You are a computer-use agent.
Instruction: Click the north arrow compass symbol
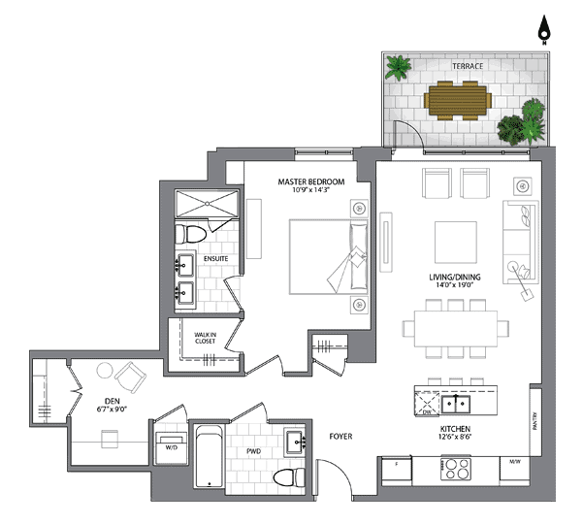544,30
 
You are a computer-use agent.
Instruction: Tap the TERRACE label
468,66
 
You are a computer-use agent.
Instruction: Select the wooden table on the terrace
458,101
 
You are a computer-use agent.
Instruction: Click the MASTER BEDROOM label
311,181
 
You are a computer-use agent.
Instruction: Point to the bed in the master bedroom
328,257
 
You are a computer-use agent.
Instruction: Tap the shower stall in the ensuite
207,204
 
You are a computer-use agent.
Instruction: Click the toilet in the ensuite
190,234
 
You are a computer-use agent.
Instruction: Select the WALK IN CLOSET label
206,338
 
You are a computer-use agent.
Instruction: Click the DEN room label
112,401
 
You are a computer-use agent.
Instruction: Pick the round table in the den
105,371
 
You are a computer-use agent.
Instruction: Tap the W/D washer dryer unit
171,448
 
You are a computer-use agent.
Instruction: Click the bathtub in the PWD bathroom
209,456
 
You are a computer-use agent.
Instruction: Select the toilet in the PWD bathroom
289,477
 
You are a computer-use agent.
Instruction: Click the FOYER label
340,437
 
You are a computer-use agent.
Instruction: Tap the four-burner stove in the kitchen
456,469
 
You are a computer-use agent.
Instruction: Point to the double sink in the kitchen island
456,404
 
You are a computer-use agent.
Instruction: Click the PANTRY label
534,421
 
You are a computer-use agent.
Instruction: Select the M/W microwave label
515,462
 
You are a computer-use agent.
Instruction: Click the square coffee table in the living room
456,243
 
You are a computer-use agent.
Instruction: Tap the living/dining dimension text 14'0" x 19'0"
454,285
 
